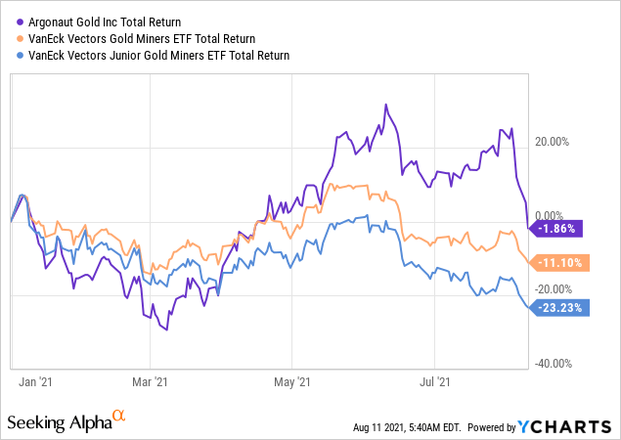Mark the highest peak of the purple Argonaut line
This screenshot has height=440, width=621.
pos(386,105)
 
